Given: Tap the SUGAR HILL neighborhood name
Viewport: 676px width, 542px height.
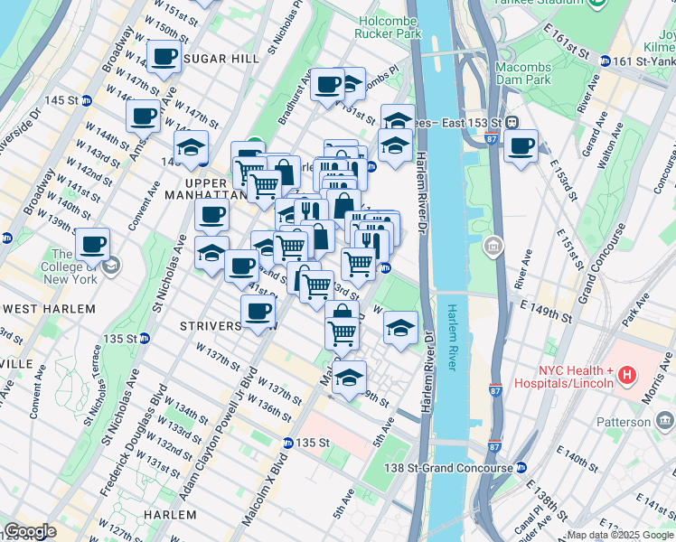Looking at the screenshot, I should (x=221, y=58).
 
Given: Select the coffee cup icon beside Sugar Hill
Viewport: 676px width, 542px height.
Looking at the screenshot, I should (x=164, y=58).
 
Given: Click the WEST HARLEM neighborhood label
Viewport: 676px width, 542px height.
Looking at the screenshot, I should (x=49, y=309).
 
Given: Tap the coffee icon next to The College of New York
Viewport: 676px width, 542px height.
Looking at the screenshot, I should (x=92, y=244).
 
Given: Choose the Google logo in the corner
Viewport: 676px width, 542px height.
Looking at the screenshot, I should (x=30, y=530).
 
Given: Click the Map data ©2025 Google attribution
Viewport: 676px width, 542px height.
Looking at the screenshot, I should (x=620, y=535).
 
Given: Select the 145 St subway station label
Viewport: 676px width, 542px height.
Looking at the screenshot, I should (x=59, y=99).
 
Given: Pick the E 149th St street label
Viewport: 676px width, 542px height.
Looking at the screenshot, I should (x=547, y=313).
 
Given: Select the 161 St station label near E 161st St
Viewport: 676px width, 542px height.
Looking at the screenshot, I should (x=642, y=61).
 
